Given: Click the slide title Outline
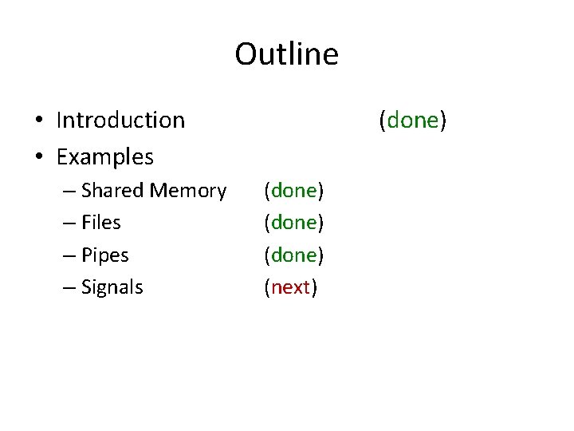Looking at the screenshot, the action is tap(286, 55).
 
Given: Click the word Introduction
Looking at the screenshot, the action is tap(120, 121).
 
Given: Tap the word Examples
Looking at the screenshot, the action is tap(105, 156).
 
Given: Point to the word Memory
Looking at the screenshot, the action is tap(188, 191).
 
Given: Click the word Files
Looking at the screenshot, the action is tap(101, 223).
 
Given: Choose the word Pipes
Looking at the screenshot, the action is tap(105, 255).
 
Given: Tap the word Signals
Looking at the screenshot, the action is tap(112, 287).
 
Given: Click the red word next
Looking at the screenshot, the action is tap(291, 287).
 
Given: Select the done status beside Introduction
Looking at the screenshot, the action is tap(413, 121).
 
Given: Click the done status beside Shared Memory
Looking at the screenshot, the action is tap(294, 191).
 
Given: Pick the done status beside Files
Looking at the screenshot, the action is tap(294, 223).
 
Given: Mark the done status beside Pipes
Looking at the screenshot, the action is tap(294, 255).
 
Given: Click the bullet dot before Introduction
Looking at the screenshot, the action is tap(39, 121).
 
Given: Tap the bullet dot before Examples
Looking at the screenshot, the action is tap(39, 157).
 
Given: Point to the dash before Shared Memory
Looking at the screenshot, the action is tap(69, 192).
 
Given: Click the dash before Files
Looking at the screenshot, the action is tap(69, 223).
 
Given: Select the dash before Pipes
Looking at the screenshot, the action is tap(69, 256).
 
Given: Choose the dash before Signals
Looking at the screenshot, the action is tap(69, 288).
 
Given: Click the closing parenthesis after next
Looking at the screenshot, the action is tap(314, 287).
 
